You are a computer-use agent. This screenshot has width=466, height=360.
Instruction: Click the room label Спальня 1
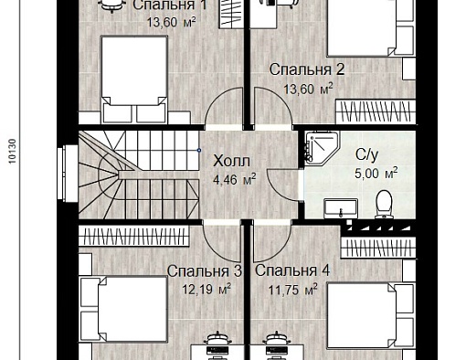[x=170, y=5]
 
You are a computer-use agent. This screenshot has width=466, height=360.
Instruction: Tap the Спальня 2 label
[x=307, y=69]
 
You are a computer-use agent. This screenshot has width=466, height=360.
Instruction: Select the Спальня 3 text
[x=205, y=271]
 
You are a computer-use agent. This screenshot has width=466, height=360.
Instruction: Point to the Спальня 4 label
[x=292, y=270]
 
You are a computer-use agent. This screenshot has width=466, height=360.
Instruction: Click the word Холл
[x=231, y=161]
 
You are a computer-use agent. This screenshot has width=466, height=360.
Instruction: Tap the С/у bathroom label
[x=366, y=154]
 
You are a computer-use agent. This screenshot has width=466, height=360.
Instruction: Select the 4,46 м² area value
[x=235, y=179]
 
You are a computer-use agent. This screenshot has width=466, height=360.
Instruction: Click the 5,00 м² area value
[x=376, y=174]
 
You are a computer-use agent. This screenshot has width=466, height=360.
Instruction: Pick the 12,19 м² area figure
[x=207, y=289]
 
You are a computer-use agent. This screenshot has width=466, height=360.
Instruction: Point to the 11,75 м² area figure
[x=293, y=290]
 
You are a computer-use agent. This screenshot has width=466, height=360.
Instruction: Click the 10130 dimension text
[x=12, y=152]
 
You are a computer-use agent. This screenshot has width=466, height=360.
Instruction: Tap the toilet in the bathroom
[x=384, y=205]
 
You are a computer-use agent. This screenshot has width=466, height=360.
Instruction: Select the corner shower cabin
[x=322, y=148]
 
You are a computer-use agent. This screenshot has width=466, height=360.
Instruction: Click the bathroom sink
[x=341, y=208]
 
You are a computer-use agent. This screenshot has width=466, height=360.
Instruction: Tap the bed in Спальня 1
[x=134, y=79]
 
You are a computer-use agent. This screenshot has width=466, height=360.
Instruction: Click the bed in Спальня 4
[x=371, y=315]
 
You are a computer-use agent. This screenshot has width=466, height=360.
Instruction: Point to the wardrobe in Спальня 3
[x=134, y=237]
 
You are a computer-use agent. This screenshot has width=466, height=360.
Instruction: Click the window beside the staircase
[x=68, y=174]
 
